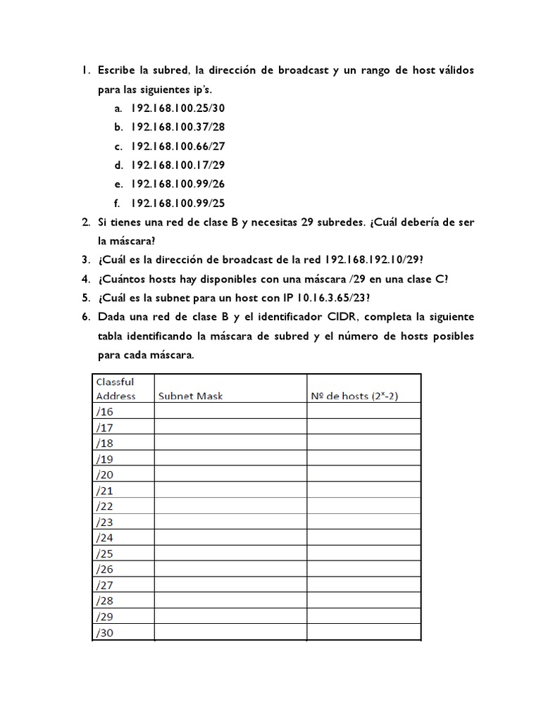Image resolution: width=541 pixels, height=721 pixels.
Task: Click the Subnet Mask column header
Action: click(x=190, y=396)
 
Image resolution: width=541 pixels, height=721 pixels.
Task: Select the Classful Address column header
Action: click(x=115, y=388)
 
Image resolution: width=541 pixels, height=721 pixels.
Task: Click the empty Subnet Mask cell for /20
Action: click(x=230, y=474)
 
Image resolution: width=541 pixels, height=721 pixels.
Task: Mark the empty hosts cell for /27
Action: click(x=363, y=584)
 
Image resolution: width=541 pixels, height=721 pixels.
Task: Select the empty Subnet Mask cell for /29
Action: click(x=230, y=616)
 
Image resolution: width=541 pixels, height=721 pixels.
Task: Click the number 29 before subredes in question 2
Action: click(x=307, y=222)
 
